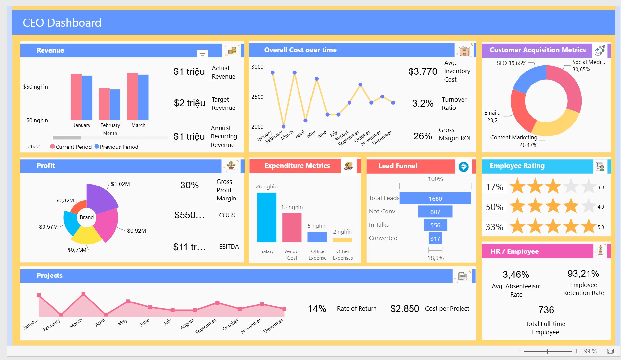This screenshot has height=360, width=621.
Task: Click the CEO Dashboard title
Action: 62,23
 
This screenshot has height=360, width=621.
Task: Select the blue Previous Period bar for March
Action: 143,97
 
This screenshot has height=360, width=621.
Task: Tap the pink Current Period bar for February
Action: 104,104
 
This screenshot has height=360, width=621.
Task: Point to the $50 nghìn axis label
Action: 36,87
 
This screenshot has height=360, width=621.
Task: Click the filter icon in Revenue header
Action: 202,55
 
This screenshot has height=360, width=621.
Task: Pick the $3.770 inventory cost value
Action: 423,71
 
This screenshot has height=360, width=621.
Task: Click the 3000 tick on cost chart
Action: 257,67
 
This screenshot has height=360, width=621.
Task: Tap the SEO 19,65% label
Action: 512,63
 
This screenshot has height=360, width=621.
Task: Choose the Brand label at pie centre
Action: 87,217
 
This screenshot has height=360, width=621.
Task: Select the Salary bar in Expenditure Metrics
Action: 267,217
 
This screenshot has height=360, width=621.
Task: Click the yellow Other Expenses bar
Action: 342,240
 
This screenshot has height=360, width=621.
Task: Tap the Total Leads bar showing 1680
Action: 435,198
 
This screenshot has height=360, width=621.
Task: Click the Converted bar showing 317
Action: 435,238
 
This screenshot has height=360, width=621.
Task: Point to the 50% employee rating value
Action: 494,207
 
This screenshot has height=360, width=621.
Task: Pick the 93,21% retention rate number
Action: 583,274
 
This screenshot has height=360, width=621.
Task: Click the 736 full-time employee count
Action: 546,310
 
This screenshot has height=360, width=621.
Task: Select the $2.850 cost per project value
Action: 405,309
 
